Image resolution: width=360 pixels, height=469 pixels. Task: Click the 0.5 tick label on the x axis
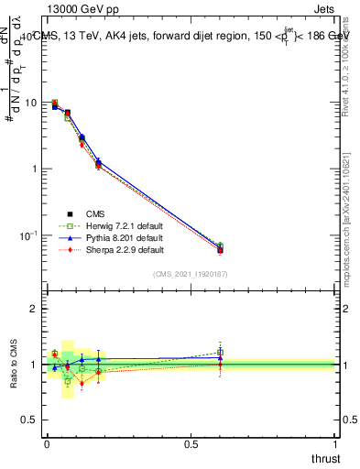click(x=191, y=443)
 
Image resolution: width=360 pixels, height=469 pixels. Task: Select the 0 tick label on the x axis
click(x=48, y=443)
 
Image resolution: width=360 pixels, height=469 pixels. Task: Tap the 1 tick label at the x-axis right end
click(x=336, y=443)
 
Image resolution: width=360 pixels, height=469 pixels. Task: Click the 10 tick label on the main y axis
click(x=31, y=103)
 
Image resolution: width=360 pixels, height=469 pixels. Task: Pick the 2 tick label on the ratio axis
click(x=35, y=309)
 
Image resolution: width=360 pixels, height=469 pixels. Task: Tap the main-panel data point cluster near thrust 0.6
click(x=220, y=248)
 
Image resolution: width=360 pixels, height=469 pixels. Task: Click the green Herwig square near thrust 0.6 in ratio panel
click(x=220, y=352)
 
